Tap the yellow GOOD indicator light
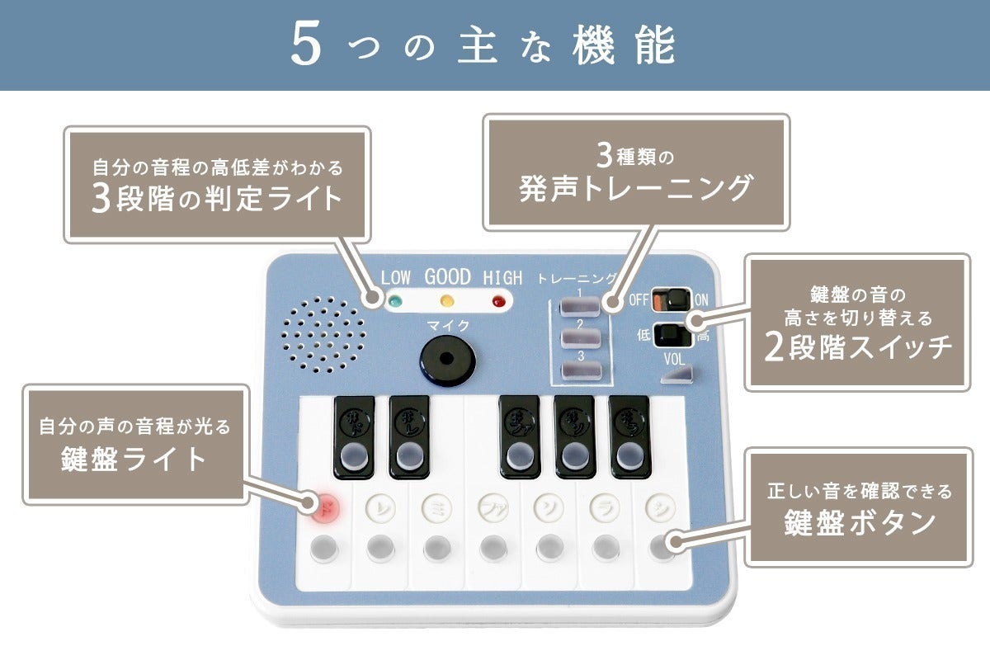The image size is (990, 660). [447, 300]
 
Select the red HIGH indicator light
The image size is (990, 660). [497, 300]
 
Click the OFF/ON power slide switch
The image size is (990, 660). [671, 299]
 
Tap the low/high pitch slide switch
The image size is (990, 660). [671, 335]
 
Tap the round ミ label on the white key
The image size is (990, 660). [436, 504]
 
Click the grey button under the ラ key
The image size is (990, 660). [605, 546]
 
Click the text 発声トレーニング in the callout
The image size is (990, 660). [636, 188]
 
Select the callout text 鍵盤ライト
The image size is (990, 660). [134, 459]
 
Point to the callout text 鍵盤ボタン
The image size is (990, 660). [858, 522]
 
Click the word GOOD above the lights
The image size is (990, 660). [447, 276]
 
